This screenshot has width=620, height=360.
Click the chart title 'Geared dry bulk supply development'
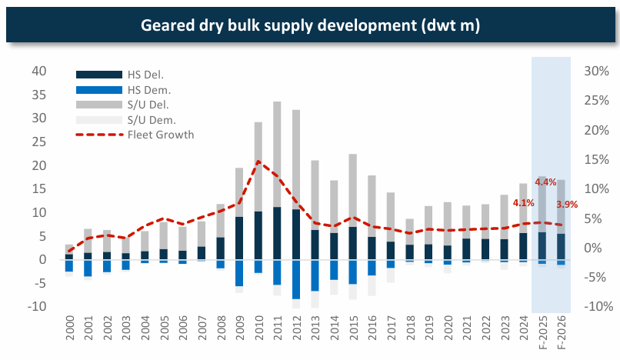(x=310, y=26)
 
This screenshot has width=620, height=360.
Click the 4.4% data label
(x=545, y=182)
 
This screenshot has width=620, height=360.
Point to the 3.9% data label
(x=567, y=204)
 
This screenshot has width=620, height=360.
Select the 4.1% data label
(x=523, y=203)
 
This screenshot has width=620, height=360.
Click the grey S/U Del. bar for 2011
(x=277, y=154)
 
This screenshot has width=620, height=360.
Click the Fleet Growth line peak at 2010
(x=258, y=162)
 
